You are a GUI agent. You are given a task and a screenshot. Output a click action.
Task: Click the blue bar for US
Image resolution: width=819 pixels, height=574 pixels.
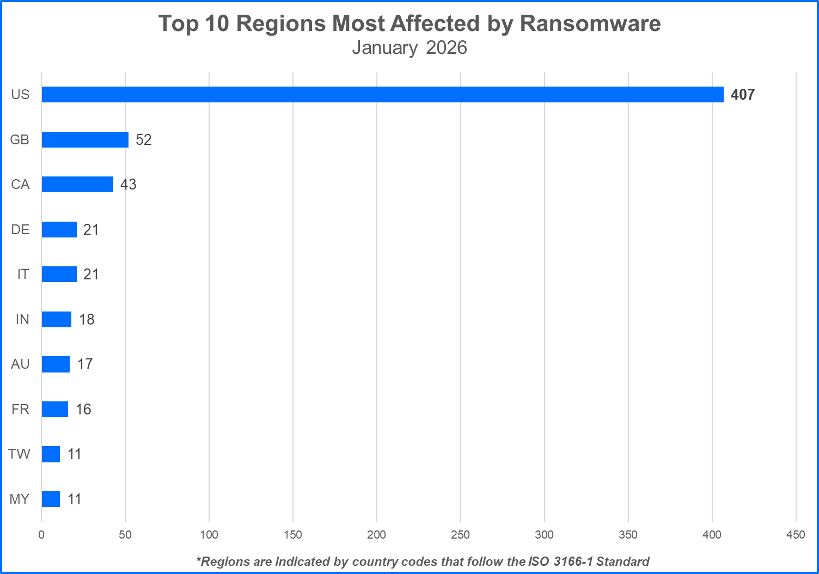point(382,94)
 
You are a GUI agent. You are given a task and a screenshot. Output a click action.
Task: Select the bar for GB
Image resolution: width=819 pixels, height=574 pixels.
point(85,139)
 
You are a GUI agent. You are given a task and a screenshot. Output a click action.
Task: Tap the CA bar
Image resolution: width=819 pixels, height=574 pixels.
point(77,184)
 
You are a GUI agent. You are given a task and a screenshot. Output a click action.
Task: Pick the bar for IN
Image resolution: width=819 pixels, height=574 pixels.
point(57,319)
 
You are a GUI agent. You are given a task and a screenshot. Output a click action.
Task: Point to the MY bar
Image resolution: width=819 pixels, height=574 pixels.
point(51,499)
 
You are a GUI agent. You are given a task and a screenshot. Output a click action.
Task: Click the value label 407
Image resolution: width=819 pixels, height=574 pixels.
point(743,95)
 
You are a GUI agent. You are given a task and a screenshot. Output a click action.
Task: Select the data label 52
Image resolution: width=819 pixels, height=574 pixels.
point(144,140)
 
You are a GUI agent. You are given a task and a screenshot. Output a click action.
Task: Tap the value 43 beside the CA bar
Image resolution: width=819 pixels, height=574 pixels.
point(129,185)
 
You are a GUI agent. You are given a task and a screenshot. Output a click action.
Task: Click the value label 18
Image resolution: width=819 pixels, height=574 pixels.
point(87,320)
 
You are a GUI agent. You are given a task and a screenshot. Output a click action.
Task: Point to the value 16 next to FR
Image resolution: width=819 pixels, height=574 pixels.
point(83,410)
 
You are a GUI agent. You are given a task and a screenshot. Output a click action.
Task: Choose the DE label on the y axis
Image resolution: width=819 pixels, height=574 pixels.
point(20,229)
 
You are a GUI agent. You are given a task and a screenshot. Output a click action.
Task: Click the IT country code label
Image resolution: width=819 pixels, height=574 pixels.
point(23,274)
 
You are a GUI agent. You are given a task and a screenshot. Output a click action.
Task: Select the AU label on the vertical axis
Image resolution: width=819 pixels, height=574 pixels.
point(20,364)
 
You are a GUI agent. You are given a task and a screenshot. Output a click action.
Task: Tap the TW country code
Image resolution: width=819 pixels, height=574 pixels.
point(20,454)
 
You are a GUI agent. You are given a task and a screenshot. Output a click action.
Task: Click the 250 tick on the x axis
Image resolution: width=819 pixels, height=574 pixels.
point(460,535)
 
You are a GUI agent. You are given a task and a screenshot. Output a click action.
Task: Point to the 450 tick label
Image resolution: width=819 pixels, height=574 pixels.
point(796,535)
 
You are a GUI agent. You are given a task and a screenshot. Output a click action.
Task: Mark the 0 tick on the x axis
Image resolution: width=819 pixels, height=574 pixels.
point(41,535)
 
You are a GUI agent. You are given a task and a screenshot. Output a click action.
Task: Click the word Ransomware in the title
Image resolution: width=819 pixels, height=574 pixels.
point(590,23)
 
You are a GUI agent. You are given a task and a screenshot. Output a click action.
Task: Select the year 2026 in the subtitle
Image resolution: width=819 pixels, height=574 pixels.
point(447,48)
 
